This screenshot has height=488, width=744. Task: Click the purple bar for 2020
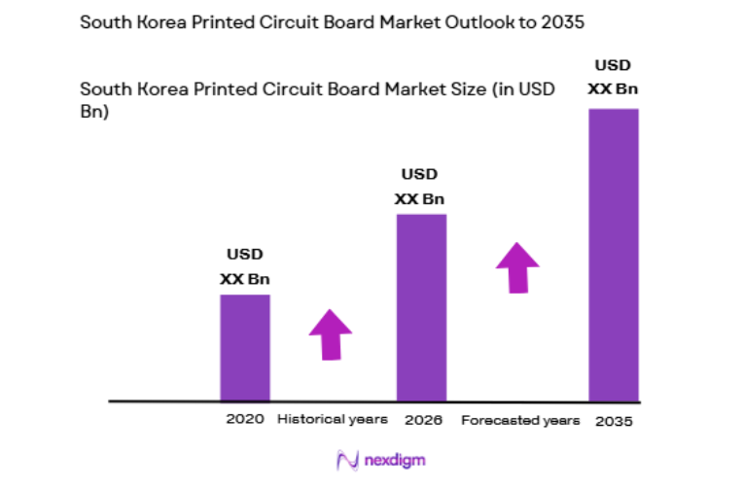245,347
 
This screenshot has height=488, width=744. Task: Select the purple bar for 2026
420,307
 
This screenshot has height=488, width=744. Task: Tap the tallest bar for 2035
614,254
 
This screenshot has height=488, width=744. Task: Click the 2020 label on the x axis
243,420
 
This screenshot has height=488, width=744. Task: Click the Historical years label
333,420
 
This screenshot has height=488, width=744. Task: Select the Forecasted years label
520,421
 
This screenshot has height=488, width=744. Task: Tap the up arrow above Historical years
330,334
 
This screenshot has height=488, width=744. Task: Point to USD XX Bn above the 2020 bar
245,266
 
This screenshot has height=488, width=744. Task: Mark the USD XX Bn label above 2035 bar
613,77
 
